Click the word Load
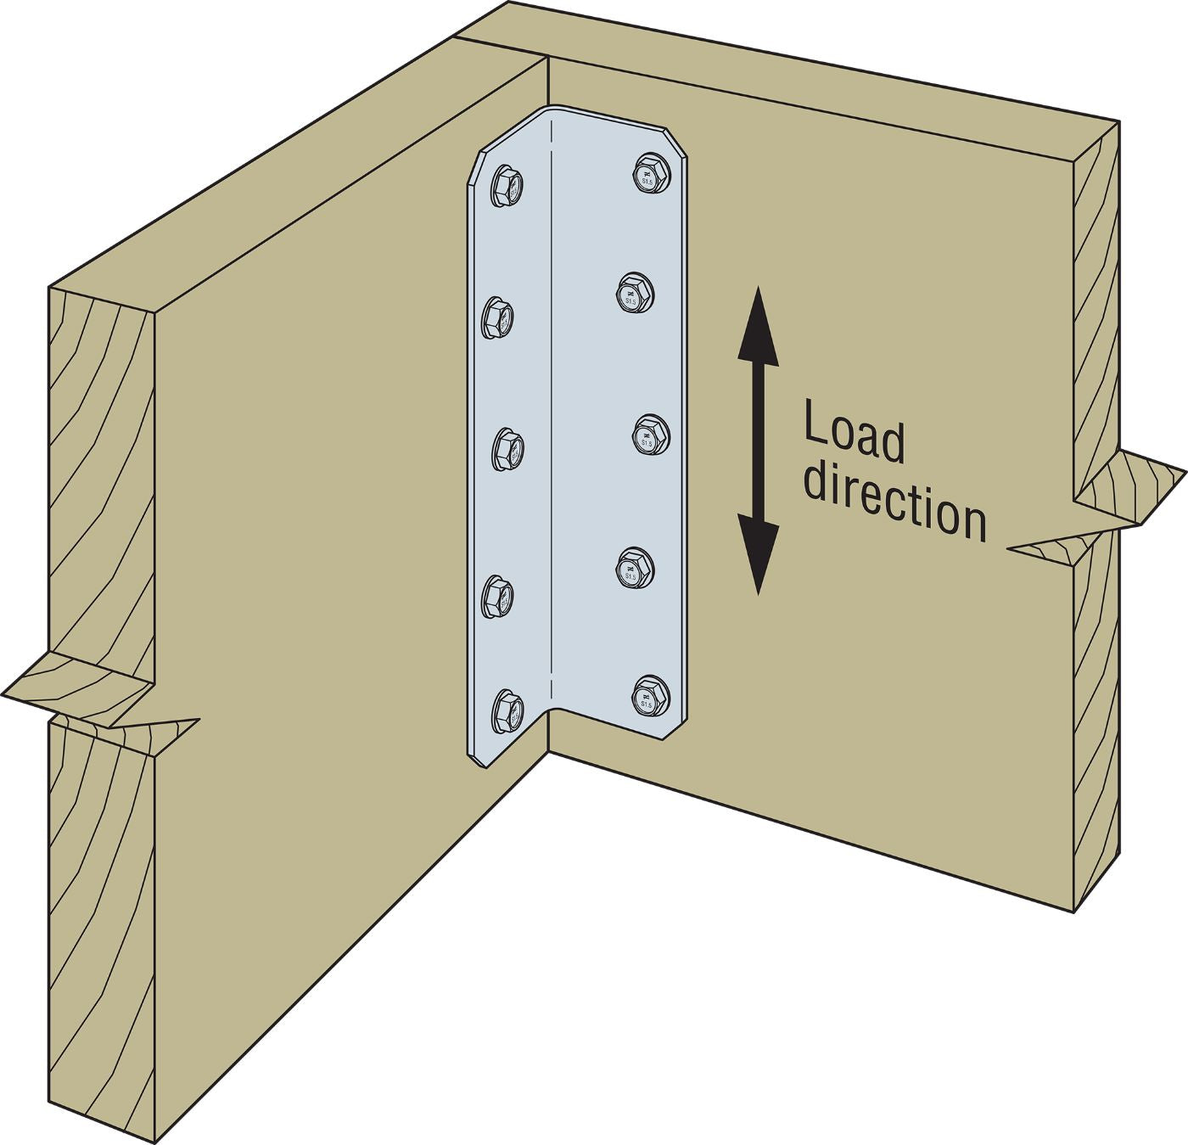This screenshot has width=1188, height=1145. click(854, 435)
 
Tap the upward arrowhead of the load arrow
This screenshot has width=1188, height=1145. click(757, 327)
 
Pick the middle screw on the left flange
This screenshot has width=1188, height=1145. click(507, 447)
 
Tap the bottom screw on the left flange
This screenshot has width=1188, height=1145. click(507, 708)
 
